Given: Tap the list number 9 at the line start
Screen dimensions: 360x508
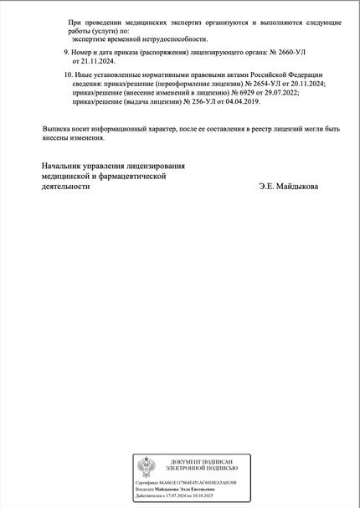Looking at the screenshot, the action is pyautogui.click(x=66, y=52).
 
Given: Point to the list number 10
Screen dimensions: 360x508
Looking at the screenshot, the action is pyautogui.click(x=68, y=75).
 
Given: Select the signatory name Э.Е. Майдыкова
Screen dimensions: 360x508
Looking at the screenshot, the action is pyautogui.click(x=288, y=187).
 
